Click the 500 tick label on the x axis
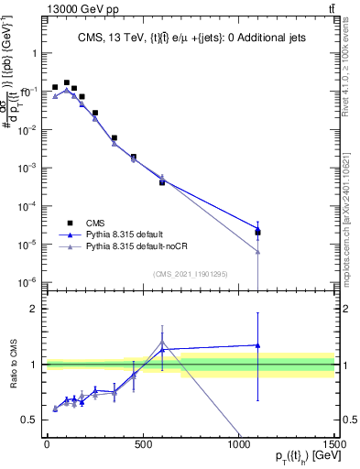click(x=143, y=443)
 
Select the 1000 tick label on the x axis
click(x=238, y=443)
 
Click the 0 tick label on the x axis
click(x=47, y=443)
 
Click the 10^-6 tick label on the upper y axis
click(x=27, y=282)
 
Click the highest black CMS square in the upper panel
click(x=66, y=82)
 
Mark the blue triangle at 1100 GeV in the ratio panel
click(x=258, y=345)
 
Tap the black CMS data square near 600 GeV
click(x=162, y=182)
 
